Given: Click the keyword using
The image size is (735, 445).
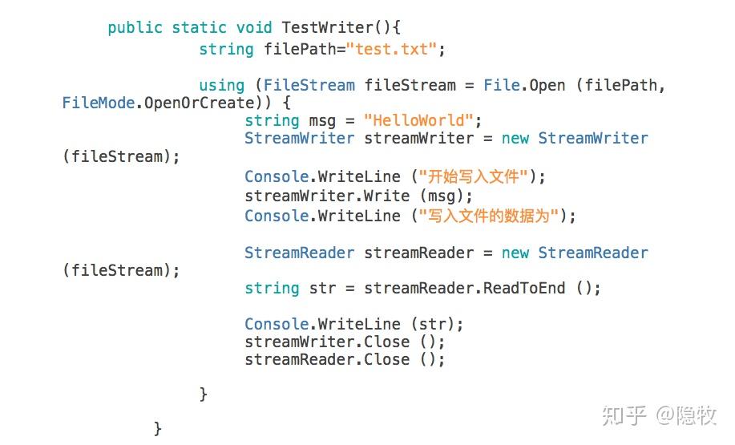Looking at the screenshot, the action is point(221,85).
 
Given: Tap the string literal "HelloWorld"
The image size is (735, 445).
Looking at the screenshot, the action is point(418,120).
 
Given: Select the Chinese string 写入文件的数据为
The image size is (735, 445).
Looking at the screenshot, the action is point(487,216).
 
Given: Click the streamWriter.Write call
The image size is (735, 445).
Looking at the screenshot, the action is point(327,196).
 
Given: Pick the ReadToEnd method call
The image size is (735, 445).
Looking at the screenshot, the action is point(523,288).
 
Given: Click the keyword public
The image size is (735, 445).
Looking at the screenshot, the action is point(135,28).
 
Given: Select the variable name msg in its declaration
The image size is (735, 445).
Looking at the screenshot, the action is point(322,120).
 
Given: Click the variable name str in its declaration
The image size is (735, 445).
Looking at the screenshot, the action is point(322,288).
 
